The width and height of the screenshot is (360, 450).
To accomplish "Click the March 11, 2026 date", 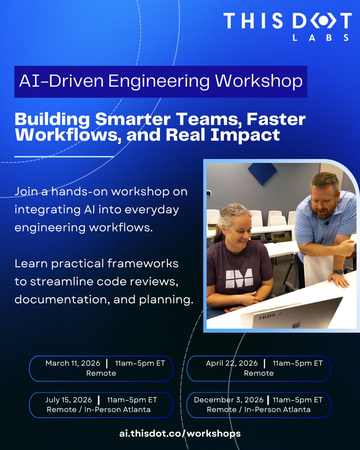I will coord(73,363).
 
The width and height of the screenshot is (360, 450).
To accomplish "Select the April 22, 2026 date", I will coord(232,363).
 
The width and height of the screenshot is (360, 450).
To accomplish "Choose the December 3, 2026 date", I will coord(229,400).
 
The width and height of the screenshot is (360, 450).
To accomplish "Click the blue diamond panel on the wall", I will coord(262,173).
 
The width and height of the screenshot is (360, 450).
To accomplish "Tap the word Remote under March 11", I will coord(101,373).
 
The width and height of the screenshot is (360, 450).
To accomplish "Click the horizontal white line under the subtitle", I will coord(64,156).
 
